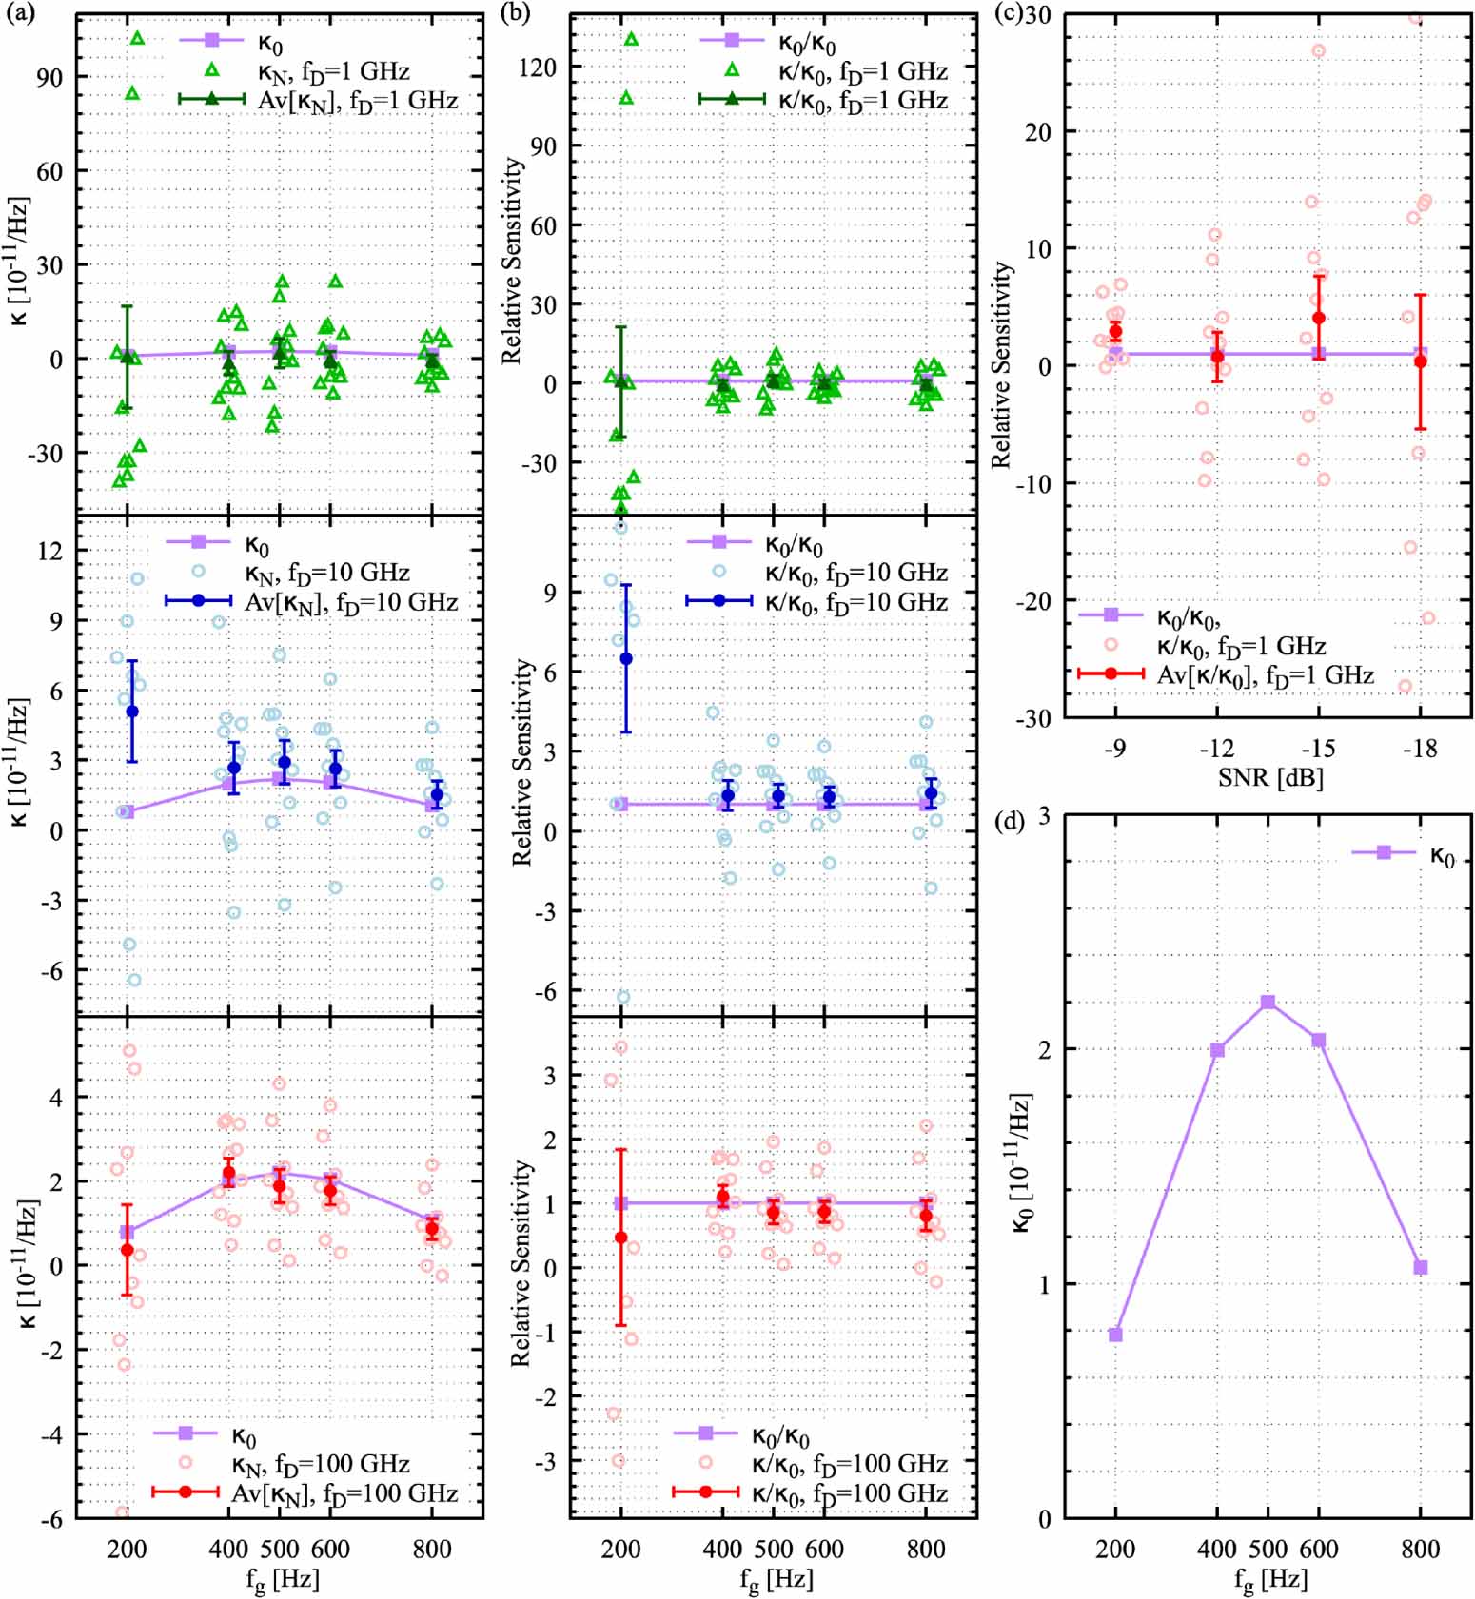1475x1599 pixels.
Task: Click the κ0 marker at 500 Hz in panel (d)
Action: [1268, 1002]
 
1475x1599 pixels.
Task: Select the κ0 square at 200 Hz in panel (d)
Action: [1115, 1335]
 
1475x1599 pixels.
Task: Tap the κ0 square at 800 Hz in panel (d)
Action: [1421, 1267]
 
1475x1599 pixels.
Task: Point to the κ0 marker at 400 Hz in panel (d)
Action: [1217, 1050]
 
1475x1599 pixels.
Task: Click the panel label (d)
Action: [1009, 820]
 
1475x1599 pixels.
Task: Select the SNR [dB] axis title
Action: [1270, 778]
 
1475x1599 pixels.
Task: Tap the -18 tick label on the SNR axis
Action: [1419, 749]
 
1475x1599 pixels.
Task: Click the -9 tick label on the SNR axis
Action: [1114, 749]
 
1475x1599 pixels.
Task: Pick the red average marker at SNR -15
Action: [1319, 318]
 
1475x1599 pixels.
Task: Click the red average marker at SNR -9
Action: [1115, 331]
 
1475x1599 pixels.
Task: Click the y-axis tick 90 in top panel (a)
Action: [49, 78]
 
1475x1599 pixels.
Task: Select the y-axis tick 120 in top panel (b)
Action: [538, 68]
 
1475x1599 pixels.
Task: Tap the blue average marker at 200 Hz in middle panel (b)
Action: [626, 658]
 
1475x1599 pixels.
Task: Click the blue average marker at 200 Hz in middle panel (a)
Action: [132, 711]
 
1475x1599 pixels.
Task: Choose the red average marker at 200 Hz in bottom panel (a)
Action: [128, 1249]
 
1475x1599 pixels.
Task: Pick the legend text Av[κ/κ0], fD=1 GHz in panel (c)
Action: [1265, 675]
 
